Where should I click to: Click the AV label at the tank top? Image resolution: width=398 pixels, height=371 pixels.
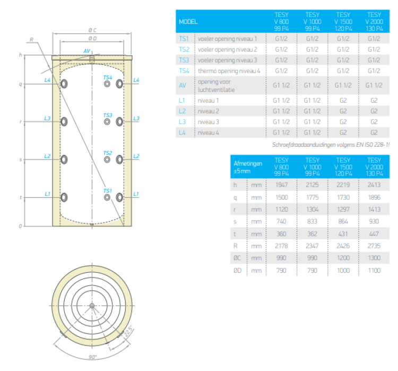87,51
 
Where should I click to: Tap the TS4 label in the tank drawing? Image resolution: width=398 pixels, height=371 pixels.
107,77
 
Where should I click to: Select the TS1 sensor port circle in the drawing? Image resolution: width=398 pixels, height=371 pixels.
107,197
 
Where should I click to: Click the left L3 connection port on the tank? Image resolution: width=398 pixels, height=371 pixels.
64,122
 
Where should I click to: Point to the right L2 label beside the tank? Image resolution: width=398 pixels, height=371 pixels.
136,156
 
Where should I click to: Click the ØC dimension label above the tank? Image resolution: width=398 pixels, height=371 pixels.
92,30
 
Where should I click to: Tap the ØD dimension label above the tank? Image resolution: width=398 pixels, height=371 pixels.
92,38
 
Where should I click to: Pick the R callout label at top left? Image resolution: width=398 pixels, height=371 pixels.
31,40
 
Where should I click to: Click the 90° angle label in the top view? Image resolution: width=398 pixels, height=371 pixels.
92,357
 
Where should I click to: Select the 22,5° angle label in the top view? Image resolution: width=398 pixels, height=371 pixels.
128,331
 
